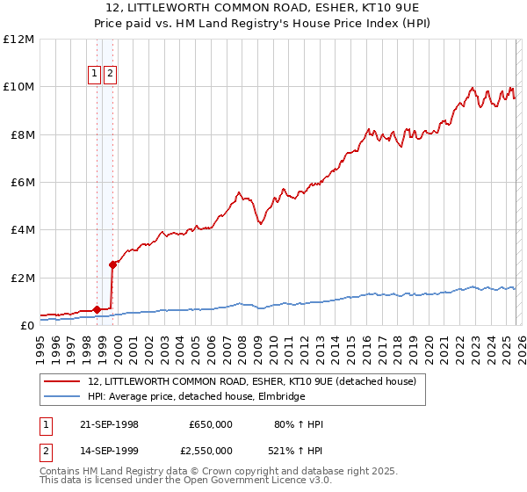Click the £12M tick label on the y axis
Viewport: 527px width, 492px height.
point(18,40)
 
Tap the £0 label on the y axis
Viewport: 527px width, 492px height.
point(26,326)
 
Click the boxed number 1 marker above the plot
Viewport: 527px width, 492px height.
point(94,75)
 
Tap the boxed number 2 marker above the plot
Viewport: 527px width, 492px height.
point(110,75)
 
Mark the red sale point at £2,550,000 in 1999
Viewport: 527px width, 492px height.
point(112,264)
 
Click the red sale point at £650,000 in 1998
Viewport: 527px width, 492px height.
point(97,309)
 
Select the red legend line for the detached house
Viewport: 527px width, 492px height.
point(61,382)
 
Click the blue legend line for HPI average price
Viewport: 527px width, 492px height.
point(61,397)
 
